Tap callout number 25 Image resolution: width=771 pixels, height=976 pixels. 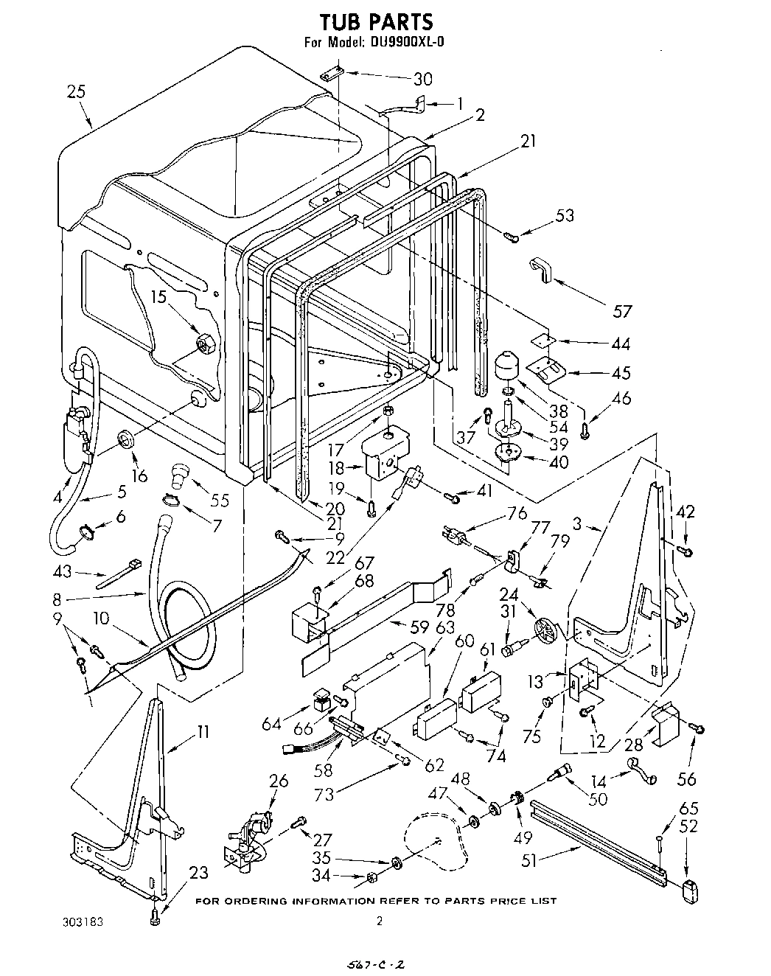pyautogui.click(x=75, y=92)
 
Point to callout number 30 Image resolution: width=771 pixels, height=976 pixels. pyautogui.click(x=423, y=79)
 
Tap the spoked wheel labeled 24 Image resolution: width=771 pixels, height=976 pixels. pyautogui.click(x=547, y=632)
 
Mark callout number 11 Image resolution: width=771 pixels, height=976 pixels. pyautogui.click(x=202, y=732)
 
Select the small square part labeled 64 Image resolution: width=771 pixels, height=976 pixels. pyautogui.click(x=321, y=698)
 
